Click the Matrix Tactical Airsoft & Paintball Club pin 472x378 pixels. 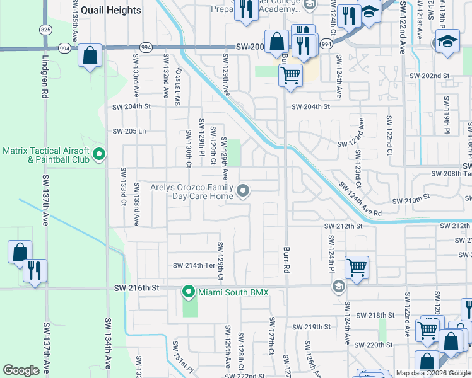(99, 154)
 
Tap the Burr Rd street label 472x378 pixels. (286, 259)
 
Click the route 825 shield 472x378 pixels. (45, 30)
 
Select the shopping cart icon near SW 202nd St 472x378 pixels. (290, 76)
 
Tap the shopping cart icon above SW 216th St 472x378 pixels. (357, 267)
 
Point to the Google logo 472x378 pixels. (21, 370)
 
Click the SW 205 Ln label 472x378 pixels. (129, 131)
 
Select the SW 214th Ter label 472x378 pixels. (194, 266)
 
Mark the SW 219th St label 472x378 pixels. (312, 326)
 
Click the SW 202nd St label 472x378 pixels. (432, 76)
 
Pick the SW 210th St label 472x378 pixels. (411, 201)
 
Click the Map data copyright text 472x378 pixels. (432, 373)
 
